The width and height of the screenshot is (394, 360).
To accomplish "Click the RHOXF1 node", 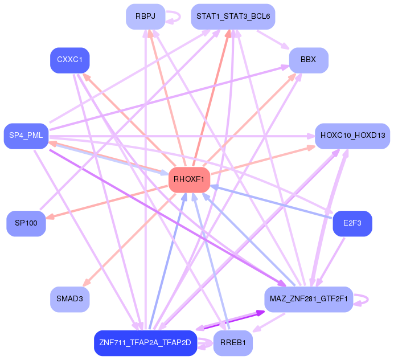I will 188,179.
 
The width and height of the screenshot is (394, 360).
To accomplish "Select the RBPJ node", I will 145,17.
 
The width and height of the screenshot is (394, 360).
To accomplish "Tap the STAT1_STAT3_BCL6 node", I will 232,17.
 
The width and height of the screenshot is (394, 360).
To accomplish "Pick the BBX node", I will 308,60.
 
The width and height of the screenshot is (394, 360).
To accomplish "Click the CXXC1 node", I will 70,60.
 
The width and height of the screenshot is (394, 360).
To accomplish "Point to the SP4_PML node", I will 26,136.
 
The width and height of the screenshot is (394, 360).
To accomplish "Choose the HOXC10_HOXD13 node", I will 352,136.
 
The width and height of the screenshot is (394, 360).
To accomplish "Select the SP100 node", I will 26,223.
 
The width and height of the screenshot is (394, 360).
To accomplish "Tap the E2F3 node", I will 352,223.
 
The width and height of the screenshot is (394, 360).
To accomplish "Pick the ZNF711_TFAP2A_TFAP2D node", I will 145,343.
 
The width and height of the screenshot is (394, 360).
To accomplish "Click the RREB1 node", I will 233,343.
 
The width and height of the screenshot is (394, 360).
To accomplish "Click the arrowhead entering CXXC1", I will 85,75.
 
